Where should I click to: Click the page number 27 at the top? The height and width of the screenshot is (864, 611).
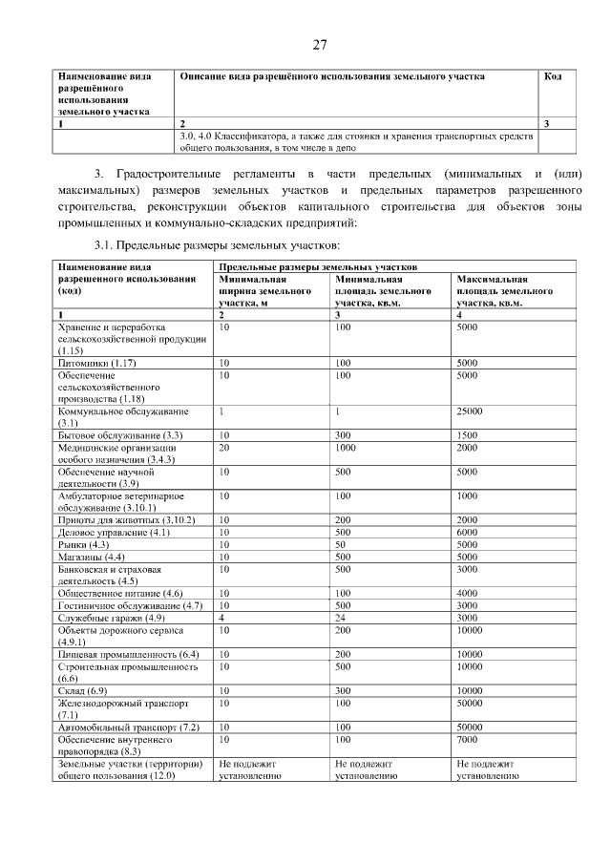(x=319, y=44)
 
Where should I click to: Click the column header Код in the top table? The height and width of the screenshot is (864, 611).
(x=552, y=76)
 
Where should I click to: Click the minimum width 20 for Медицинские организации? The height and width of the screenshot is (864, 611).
(x=224, y=447)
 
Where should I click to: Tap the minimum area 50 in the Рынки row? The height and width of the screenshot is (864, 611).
(x=341, y=544)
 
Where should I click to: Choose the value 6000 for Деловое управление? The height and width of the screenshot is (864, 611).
(x=468, y=532)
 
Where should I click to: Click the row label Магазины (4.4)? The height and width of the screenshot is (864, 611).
(x=92, y=557)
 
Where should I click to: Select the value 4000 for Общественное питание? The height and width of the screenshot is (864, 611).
(x=468, y=593)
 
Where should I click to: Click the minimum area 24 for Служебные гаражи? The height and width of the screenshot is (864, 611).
(x=341, y=618)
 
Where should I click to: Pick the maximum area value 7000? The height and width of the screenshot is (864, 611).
(x=468, y=740)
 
